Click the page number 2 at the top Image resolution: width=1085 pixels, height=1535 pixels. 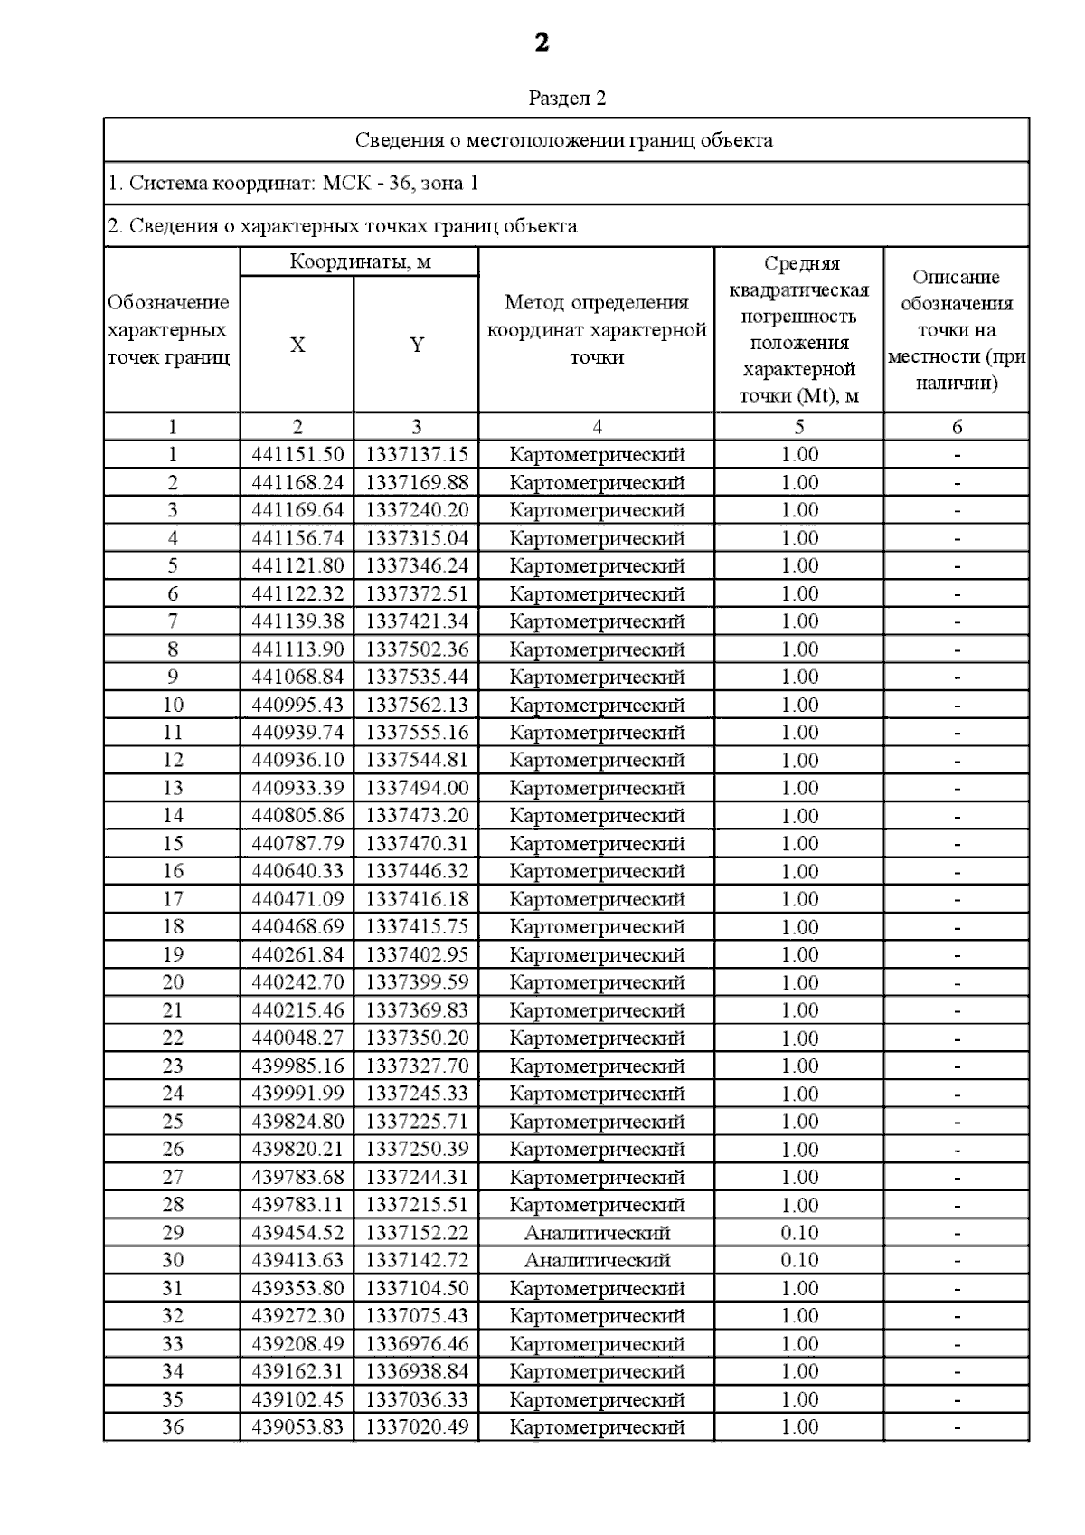(x=542, y=43)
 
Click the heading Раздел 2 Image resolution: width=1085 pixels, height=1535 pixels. (x=567, y=98)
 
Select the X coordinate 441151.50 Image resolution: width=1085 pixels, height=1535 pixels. (x=297, y=455)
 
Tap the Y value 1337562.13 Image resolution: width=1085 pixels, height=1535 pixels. (x=417, y=705)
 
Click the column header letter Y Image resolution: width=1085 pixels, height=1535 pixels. (x=417, y=345)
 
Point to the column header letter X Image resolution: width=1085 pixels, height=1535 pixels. (x=297, y=345)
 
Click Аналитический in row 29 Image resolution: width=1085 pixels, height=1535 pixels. (x=597, y=1233)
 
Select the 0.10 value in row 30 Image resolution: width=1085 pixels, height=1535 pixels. (x=799, y=1260)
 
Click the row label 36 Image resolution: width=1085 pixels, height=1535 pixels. (x=173, y=1427)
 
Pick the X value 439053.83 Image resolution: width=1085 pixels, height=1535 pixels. (x=297, y=1427)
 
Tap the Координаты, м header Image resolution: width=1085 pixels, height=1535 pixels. (x=360, y=262)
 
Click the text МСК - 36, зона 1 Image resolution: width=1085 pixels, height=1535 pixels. (x=401, y=184)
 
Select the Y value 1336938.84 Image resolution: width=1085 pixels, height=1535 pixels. (x=417, y=1371)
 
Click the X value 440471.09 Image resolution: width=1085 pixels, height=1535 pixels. (x=297, y=899)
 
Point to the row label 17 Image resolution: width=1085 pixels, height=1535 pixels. (x=173, y=899)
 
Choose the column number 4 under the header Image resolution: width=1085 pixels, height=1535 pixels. (x=597, y=427)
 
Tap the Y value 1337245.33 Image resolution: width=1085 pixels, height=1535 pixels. (x=417, y=1094)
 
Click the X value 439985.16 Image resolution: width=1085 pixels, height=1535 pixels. (x=297, y=1066)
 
